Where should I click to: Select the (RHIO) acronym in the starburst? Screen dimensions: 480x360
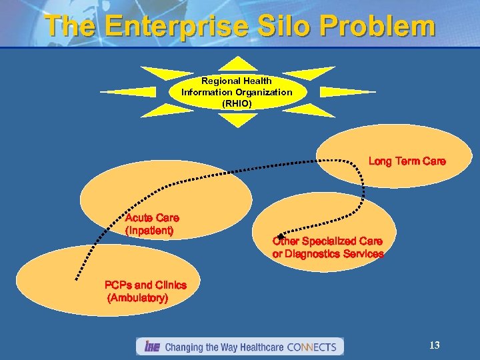click(x=237, y=103)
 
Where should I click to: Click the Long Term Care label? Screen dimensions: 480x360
click(x=407, y=161)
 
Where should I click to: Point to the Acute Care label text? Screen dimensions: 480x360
click(x=152, y=218)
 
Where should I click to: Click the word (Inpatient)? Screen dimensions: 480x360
click(x=149, y=231)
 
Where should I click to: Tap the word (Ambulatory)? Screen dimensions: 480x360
click(x=137, y=298)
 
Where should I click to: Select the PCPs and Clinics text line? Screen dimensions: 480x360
click(x=145, y=285)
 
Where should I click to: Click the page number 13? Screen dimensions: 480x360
click(x=434, y=345)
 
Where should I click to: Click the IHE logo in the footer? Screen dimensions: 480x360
click(x=151, y=347)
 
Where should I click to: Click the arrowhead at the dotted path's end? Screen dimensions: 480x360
click(x=281, y=237)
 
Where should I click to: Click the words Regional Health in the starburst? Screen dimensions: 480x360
click(x=237, y=81)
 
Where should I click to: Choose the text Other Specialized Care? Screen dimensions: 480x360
click(x=327, y=241)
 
